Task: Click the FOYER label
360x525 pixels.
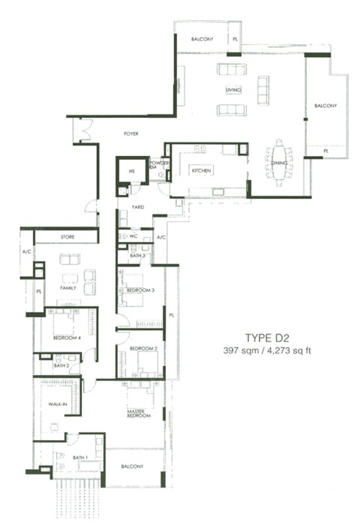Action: pos(131,134)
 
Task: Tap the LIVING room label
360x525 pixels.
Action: pos(234,90)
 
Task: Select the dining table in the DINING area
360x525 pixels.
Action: pos(279,163)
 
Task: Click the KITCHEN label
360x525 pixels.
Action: pos(201,171)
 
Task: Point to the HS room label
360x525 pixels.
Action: pos(132,171)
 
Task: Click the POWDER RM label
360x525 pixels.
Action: pos(159,164)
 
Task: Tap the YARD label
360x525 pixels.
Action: pos(138,207)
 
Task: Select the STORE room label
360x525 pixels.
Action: pos(68,237)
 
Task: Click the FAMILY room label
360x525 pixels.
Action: pos(68,288)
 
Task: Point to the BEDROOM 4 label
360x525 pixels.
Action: pos(67,338)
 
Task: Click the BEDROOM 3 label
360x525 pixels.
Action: pos(140,290)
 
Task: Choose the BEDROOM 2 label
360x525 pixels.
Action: pos(144,349)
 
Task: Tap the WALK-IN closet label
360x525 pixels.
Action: pos(58,404)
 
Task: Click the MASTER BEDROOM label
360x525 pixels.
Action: pos(139,414)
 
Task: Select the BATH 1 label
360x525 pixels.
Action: pos(80,457)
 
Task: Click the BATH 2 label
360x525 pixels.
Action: pos(62,365)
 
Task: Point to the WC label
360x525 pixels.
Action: pos(134,236)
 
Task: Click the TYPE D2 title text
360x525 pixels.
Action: pos(267,338)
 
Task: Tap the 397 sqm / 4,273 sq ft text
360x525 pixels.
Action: pos(267,351)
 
